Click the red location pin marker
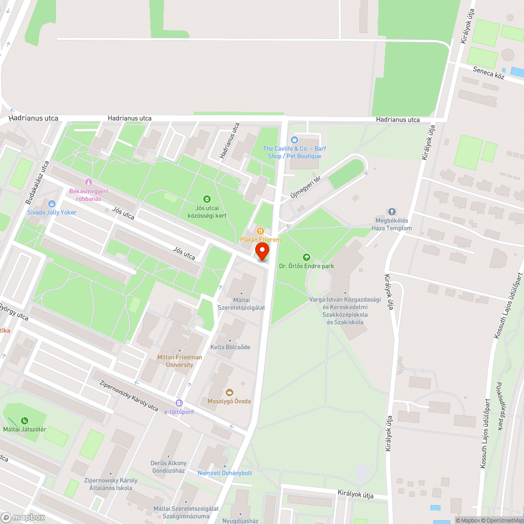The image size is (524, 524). coord(261,250)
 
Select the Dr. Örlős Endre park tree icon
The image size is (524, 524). coord(307,257)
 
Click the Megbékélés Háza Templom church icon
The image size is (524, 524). coord(391,212)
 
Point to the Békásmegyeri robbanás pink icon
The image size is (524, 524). coord(88,182)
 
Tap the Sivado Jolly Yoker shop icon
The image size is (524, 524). coord(51,203)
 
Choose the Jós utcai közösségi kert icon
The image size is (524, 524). coord(207,199)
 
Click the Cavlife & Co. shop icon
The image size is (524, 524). coord(294,140)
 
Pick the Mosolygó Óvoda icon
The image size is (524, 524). coord(229,392)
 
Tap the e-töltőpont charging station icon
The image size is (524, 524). coord(179,403)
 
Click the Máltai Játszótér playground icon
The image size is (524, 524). coord(25,420)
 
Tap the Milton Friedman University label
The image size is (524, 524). coord(179,361)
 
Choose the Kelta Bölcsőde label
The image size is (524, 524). coord(230,347)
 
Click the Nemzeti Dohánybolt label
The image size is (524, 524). coord(224,473)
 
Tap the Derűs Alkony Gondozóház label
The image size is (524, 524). coord(168,467)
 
